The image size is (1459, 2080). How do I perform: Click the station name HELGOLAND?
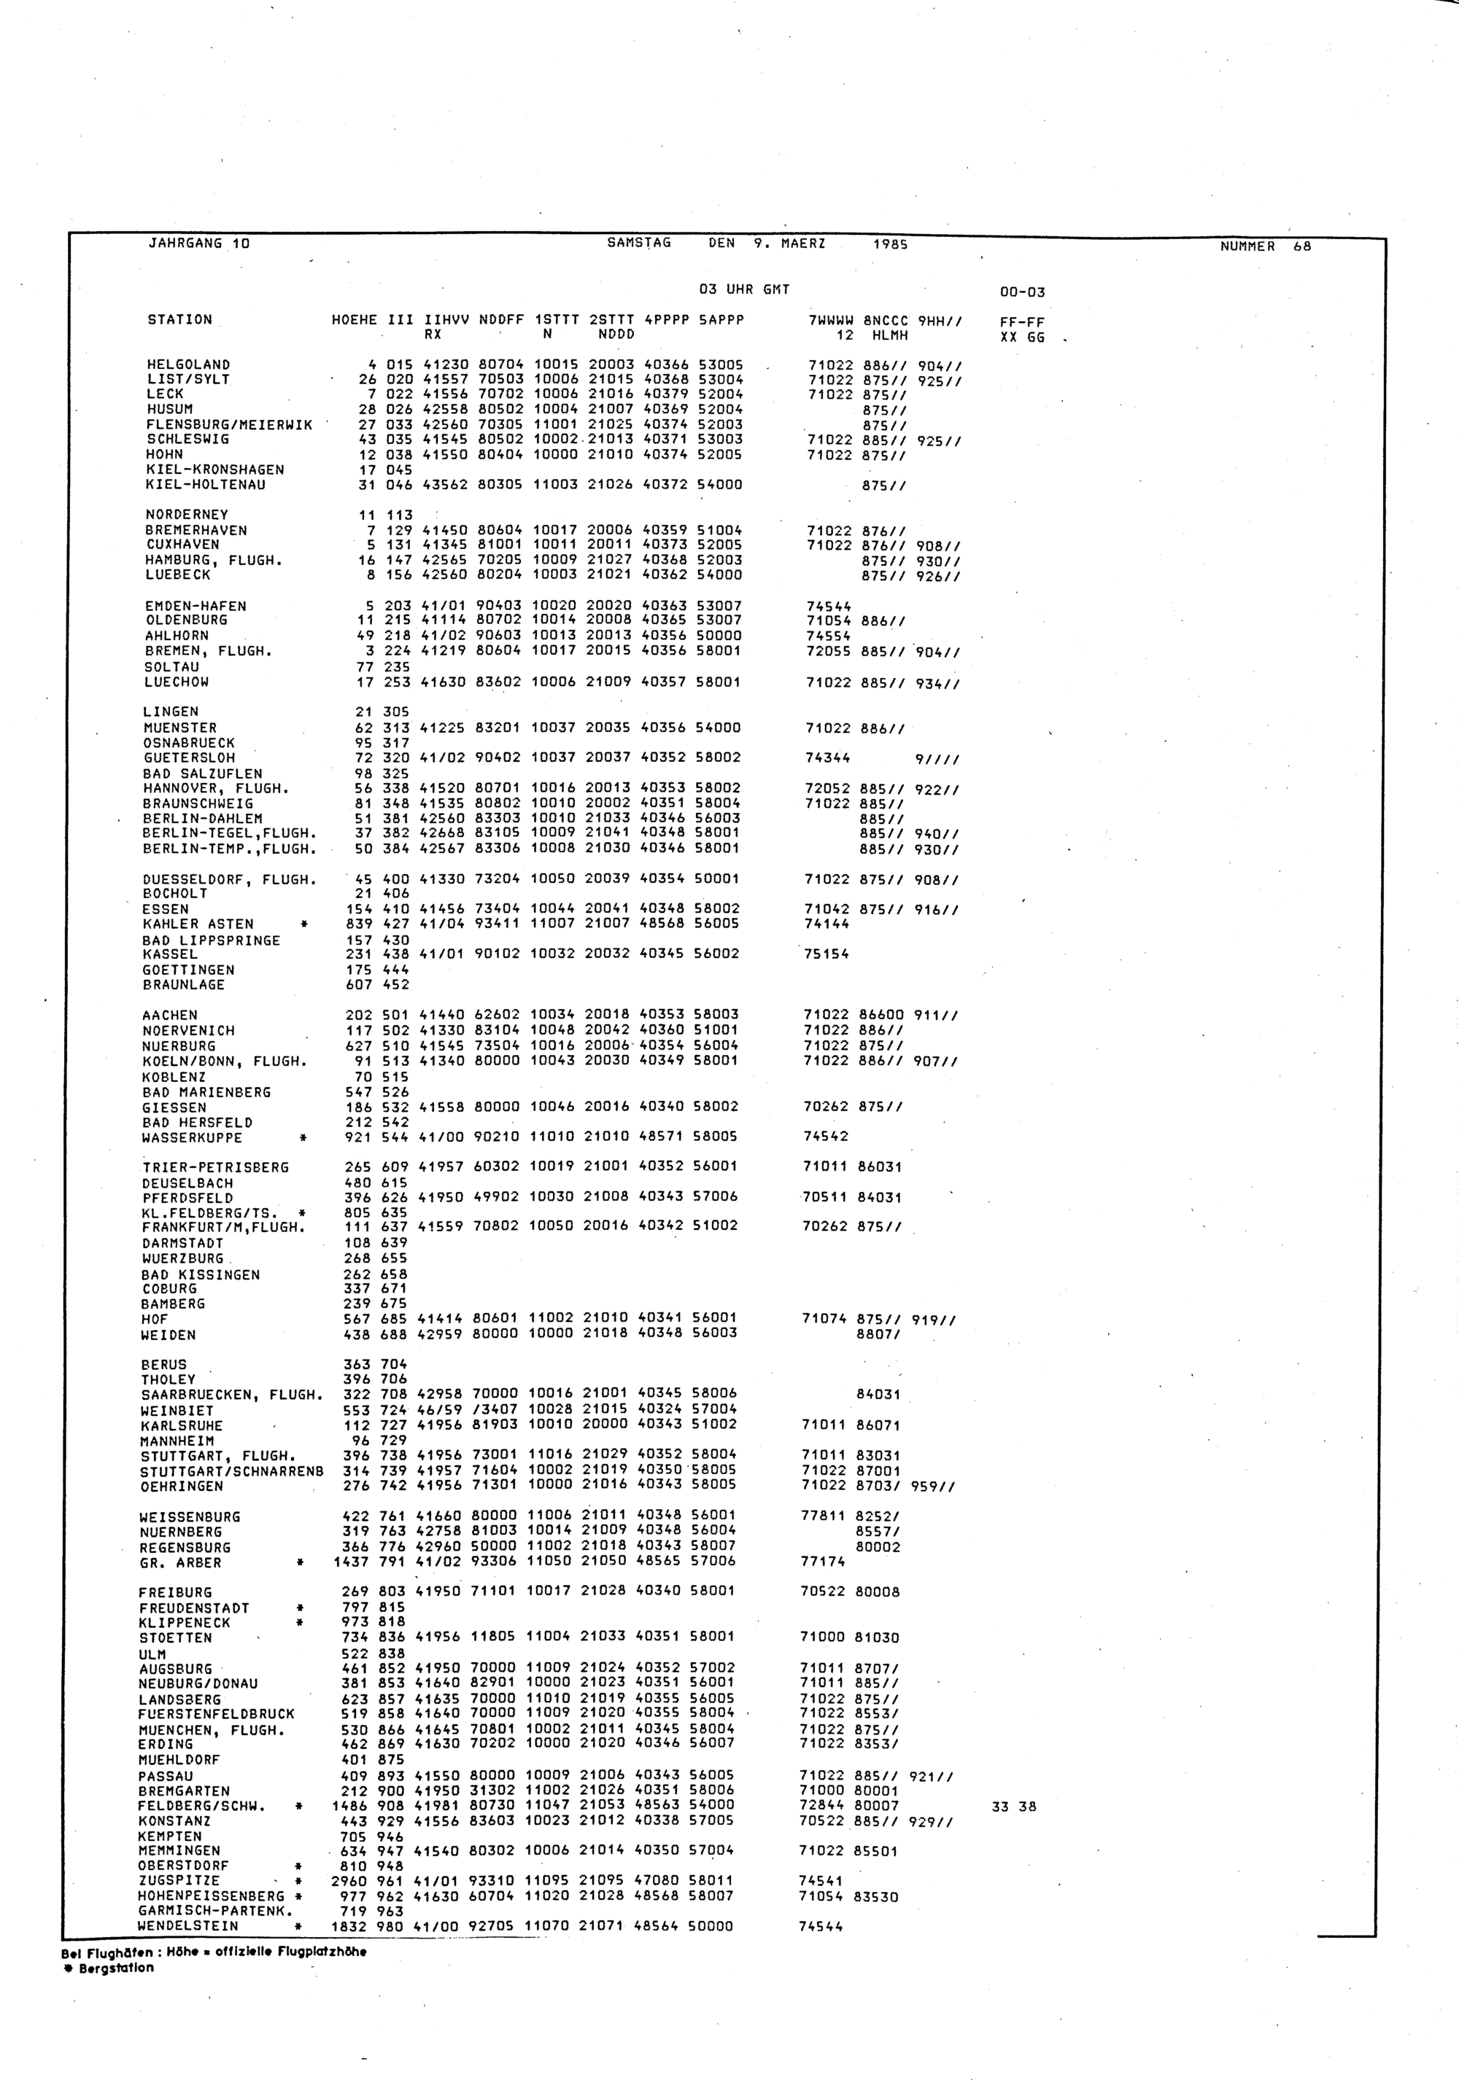click(188, 365)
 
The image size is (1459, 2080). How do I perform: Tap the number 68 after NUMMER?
click(1301, 246)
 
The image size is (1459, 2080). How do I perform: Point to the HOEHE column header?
click(355, 320)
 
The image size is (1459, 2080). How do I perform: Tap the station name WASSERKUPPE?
click(192, 1138)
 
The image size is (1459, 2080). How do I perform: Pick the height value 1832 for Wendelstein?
click(350, 1926)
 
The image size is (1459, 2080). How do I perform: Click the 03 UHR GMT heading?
click(744, 290)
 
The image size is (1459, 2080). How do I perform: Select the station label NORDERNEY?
click(187, 515)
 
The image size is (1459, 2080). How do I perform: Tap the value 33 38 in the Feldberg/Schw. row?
click(1014, 1807)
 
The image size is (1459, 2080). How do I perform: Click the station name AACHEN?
click(169, 1016)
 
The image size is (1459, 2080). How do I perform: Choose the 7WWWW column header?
click(831, 320)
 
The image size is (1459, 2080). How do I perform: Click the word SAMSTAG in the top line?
click(639, 243)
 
